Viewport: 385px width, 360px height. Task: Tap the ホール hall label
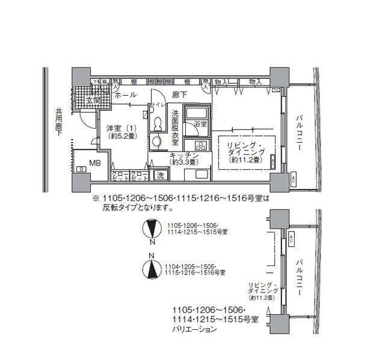(x=125, y=95)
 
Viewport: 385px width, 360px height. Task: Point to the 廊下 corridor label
(x=179, y=95)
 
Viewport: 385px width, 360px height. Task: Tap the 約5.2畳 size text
(x=122, y=137)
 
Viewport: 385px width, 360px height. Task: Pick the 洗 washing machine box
(x=160, y=175)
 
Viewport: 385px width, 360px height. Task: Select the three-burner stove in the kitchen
(x=197, y=145)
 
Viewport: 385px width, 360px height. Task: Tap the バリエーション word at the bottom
(x=194, y=330)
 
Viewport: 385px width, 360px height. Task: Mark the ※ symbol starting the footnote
(x=94, y=197)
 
